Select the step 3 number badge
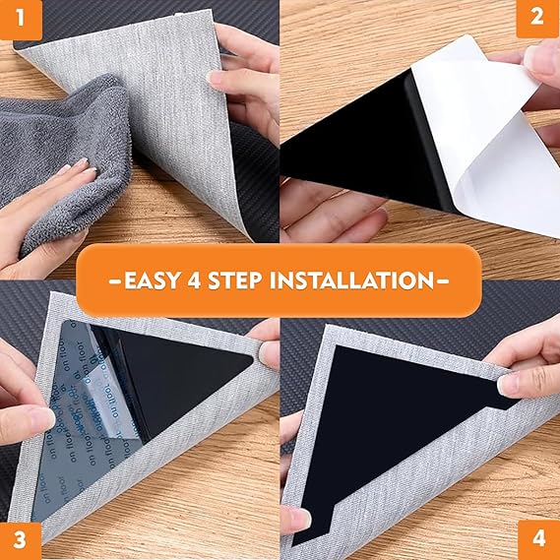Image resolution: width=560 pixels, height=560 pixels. pos(20,539)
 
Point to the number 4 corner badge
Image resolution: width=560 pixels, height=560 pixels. pos(538,539)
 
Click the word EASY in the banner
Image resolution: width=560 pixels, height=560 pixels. pos(147,280)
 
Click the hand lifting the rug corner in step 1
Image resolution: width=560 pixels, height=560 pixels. pos(246,79)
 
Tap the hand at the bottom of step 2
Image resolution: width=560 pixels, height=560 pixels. pos(325,212)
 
